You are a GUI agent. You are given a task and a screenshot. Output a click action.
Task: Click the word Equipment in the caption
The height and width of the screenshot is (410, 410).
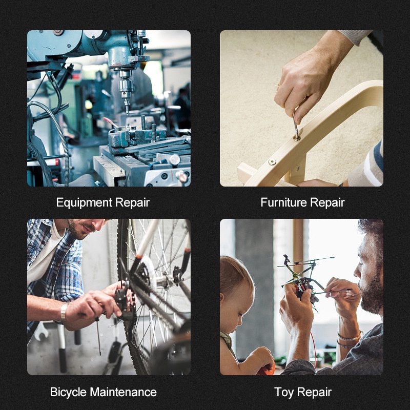coord(84,203)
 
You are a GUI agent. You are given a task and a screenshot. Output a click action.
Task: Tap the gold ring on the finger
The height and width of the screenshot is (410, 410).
coord(279,85)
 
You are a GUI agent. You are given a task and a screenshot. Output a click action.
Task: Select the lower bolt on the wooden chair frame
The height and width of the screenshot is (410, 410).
coord(272,162)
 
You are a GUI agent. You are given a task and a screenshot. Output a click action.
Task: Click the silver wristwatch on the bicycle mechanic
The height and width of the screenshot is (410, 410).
coord(64,313)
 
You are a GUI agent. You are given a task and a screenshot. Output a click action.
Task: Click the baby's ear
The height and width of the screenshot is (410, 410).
coord(222,298)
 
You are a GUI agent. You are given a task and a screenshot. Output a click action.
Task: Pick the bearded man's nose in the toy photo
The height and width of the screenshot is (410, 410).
coord(357,272)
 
